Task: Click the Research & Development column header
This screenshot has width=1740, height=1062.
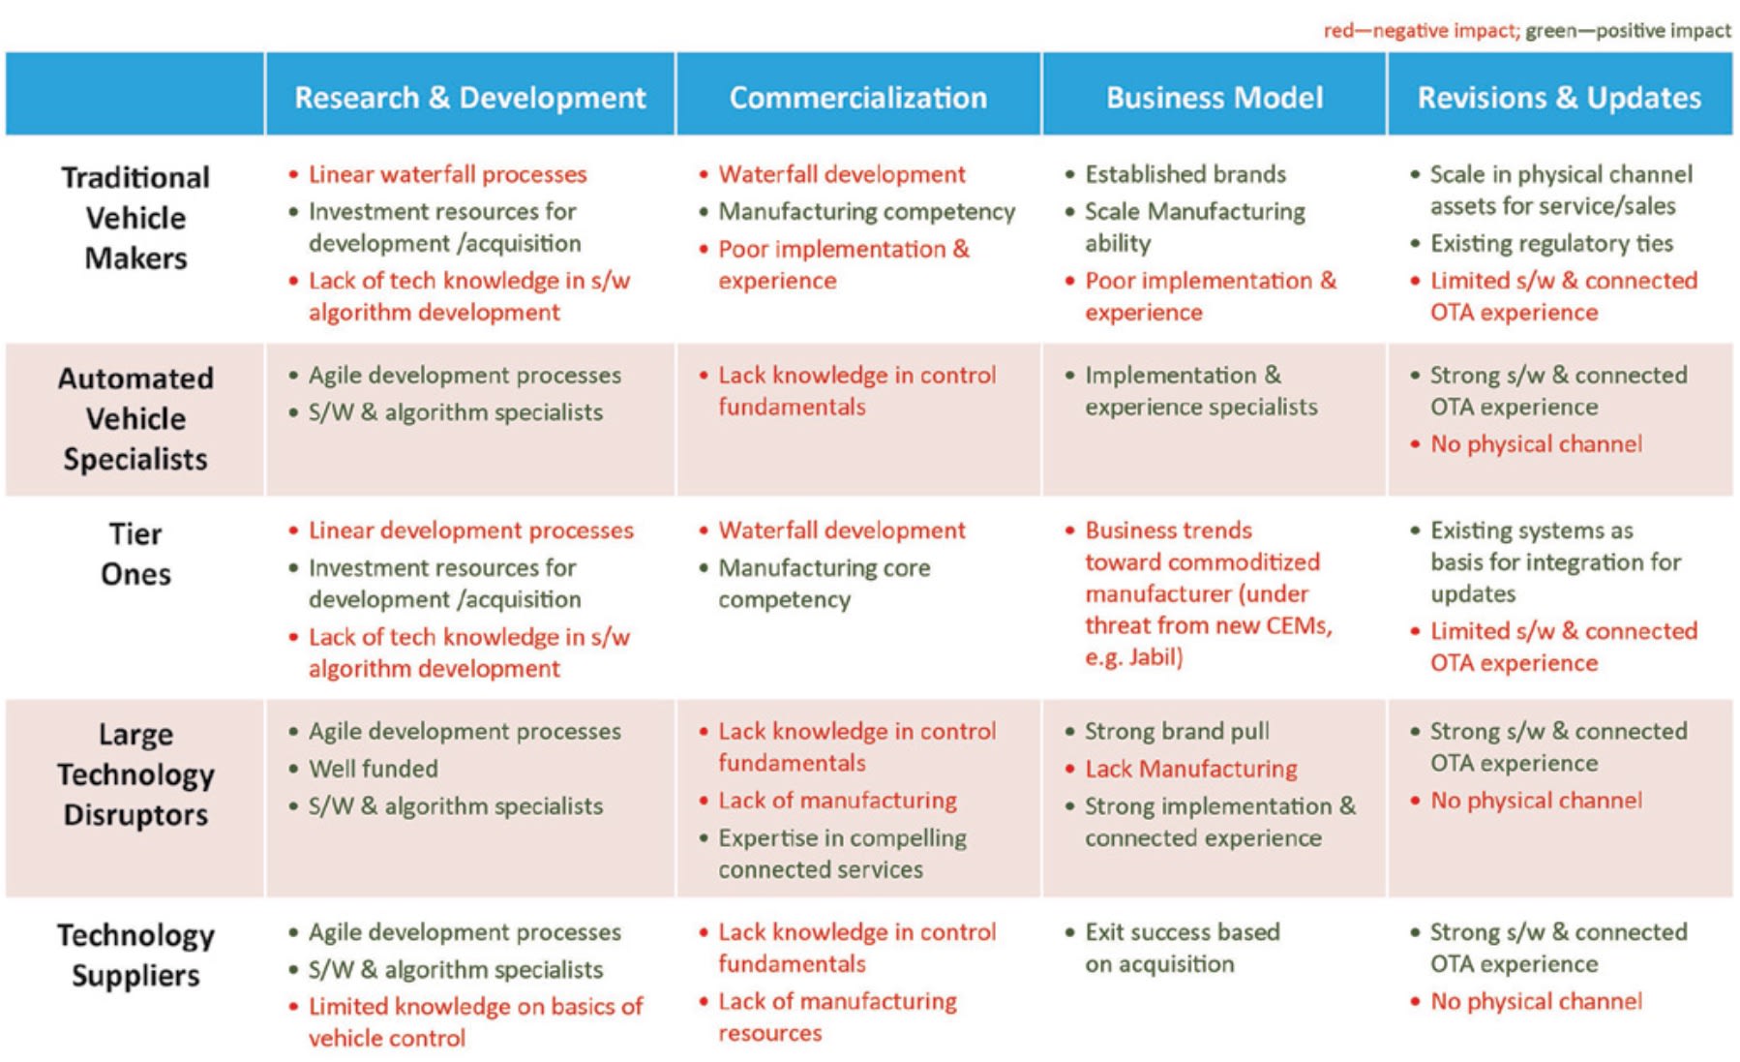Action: click(x=469, y=98)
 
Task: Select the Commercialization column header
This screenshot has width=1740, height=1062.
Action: click(x=857, y=98)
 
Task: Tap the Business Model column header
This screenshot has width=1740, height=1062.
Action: click(x=1214, y=98)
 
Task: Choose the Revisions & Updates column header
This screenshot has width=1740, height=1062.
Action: click(x=1558, y=98)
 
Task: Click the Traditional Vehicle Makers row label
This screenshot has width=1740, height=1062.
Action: click(x=135, y=218)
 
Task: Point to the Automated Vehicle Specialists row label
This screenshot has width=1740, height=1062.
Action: click(x=135, y=418)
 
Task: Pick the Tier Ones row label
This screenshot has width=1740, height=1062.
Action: click(x=135, y=554)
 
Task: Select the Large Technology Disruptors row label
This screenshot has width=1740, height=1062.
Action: click(x=135, y=774)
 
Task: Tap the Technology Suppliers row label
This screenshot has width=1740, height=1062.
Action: click(x=135, y=955)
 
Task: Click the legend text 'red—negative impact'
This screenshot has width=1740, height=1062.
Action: click(x=1419, y=31)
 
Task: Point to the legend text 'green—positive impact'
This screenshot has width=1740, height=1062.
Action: click(x=1628, y=31)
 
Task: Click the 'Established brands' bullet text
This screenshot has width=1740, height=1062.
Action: click(x=1185, y=174)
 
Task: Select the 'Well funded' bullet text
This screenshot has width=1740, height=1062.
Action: click(x=373, y=769)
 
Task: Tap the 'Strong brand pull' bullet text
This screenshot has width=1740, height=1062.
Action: click(x=1177, y=731)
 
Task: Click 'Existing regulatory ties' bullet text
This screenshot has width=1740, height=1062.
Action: click(x=1551, y=243)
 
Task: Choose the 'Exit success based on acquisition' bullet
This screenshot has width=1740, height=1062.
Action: click(x=1182, y=948)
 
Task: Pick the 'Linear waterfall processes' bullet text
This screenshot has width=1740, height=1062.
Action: click(x=447, y=174)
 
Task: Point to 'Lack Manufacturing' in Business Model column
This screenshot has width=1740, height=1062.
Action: click(x=1190, y=769)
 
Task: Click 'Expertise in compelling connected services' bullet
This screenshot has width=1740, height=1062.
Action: click(x=841, y=853)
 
